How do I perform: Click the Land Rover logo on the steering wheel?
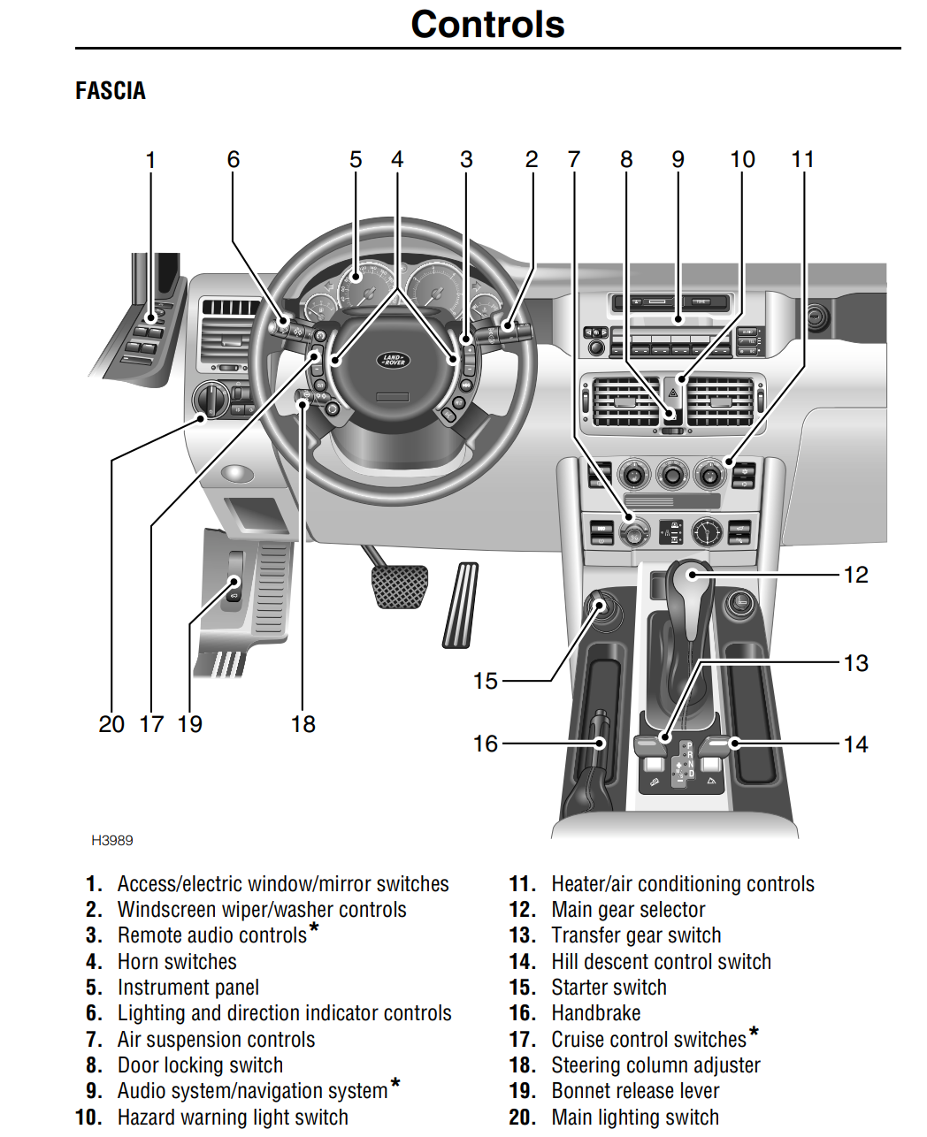[393, 360]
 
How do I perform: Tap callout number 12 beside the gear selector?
[855, 575]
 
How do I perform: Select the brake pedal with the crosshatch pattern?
[401, 586]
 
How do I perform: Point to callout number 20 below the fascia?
[111, 724]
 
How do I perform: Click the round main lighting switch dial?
[211, 401]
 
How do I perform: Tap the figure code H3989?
[112, 840]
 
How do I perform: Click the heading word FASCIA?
[111, 91]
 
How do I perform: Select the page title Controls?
[487, 25]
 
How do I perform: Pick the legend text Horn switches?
[177, 962]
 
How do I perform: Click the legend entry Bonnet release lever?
[635, 1091]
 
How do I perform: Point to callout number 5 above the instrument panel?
[356, 160]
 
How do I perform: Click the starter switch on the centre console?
[601, 607]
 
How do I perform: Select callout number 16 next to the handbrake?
[485, 744]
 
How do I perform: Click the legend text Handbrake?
[596, 1013]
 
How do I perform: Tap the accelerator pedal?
[460, 606]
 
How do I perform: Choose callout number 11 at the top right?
[802, 160]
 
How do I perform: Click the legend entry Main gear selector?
[628, 910]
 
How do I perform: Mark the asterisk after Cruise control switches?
[754, 1032]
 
